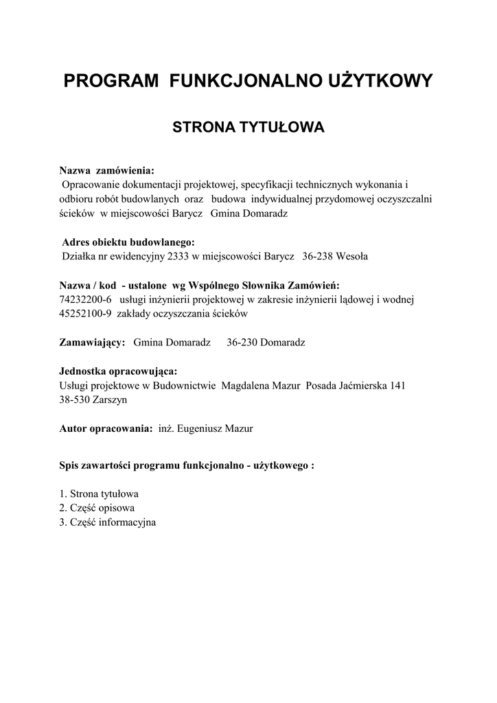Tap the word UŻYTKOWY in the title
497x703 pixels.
pos(387,82)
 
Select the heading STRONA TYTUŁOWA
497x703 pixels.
pos(248,128)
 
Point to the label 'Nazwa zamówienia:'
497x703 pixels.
pos(106,170)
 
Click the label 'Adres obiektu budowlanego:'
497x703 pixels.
pos(128,242)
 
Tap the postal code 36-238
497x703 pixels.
pos(316,257)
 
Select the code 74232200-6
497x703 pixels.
pos(86,299)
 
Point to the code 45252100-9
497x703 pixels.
pos(86,314)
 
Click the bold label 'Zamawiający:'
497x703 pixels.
pos(92,343)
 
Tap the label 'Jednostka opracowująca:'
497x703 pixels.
pos(118,371)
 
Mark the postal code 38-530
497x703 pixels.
pos(76,400)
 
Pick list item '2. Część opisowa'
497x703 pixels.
pos(97,508)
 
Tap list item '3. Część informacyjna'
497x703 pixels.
pos(108,522)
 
